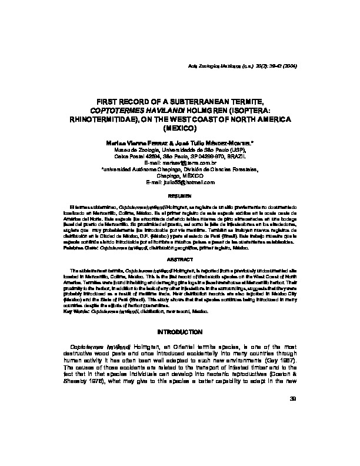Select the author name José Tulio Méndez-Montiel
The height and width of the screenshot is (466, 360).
[x=209, y=142]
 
